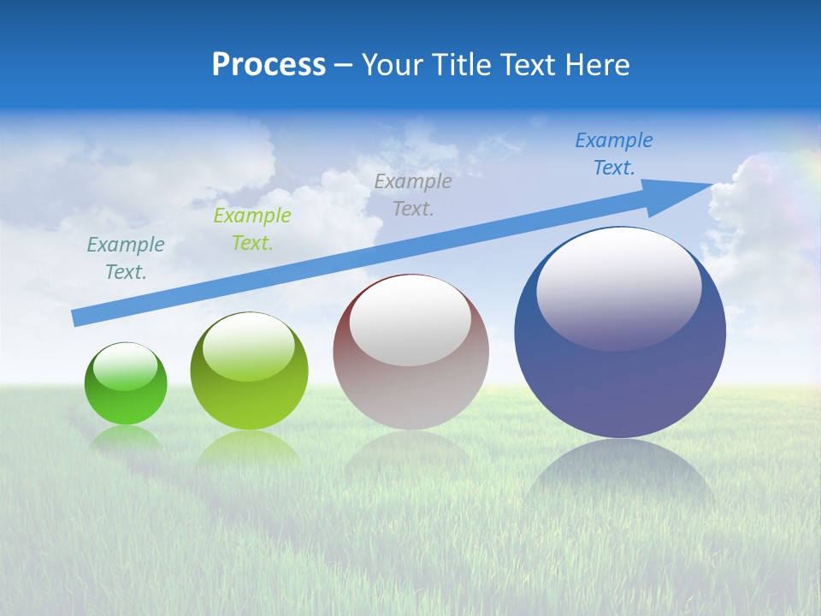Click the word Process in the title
click(269, 65)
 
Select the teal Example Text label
click(126, 258)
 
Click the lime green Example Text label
click(252, 229)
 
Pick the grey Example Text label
click(413, 194)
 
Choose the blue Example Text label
click(614, 154)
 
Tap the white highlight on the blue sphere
click(618, 287)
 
